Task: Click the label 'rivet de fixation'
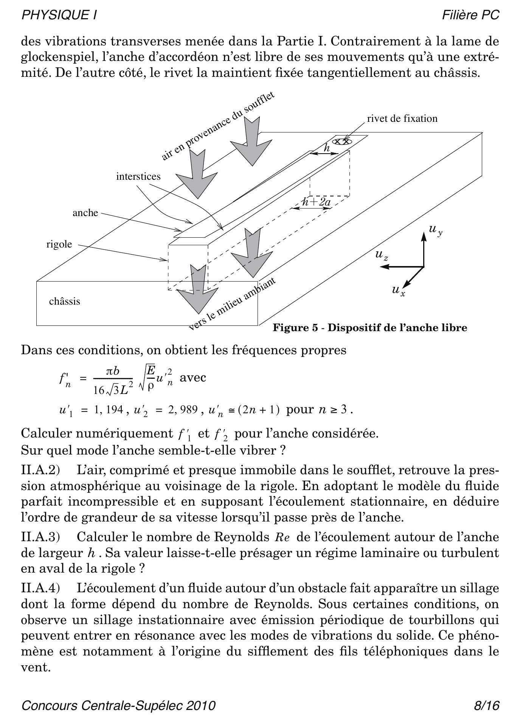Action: click(402, 118)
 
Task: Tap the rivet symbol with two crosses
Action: click(342, 142)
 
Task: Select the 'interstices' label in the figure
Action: click(138, 176)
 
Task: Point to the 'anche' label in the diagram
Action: click(85, 213)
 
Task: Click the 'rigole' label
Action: click(59, 244)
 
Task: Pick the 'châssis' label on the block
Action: click(65, 301)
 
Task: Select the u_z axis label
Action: click(382, 255)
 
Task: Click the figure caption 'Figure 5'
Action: click(370, 327)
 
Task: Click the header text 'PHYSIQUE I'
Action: click(59, 15)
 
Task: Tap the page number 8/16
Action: click(487, 705)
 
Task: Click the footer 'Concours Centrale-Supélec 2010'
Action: click(119, 705)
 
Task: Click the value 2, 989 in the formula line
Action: click(183, 409)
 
